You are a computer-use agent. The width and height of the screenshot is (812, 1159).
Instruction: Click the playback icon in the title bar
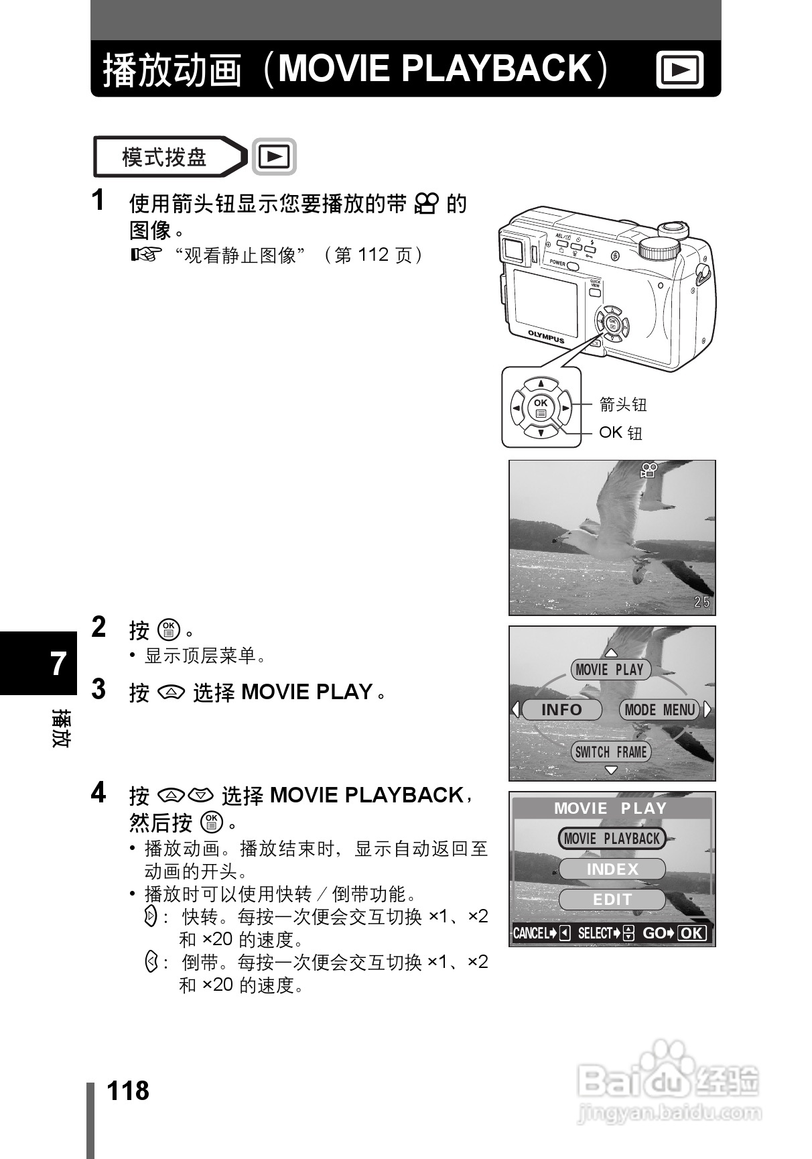[x=679, y=70]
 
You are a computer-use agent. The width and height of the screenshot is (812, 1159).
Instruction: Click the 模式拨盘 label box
[x=163, y=158]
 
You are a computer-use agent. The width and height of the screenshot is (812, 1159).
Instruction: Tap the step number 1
[x=98, y=200]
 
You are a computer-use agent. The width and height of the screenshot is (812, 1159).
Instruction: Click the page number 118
[x=127, y=1091]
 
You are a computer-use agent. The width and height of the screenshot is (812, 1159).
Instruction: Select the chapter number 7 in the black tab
[x=58, y=664]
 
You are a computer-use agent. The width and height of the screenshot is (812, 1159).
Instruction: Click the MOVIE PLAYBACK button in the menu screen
[x=612, y=839]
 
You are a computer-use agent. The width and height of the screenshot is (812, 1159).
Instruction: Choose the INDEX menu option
[x=612, y=869]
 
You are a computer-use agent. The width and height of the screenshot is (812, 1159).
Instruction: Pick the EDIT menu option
[x=612, y=900]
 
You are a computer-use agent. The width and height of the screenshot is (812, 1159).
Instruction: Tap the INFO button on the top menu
[x=561, y=709]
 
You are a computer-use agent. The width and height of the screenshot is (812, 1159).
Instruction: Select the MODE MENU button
[x=659, y=709]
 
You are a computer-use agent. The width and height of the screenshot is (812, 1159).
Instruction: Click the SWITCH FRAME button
[x=611, y=751]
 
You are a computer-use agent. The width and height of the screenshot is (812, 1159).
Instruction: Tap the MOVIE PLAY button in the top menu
[x=610, y=669]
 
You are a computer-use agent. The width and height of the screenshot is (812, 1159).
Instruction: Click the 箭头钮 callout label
[x=622, y=404]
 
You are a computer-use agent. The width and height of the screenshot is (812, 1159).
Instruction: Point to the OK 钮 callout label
[x=620, y=433]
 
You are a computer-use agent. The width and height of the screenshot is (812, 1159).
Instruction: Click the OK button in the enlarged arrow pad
[x=541, y=408]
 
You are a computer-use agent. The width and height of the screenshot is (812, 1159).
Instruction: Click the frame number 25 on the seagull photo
[x=701, y=602]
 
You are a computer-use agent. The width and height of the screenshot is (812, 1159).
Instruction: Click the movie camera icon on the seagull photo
[x=648, y=470]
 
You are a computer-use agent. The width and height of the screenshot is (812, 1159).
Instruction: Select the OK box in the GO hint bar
[x=692, y=933]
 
